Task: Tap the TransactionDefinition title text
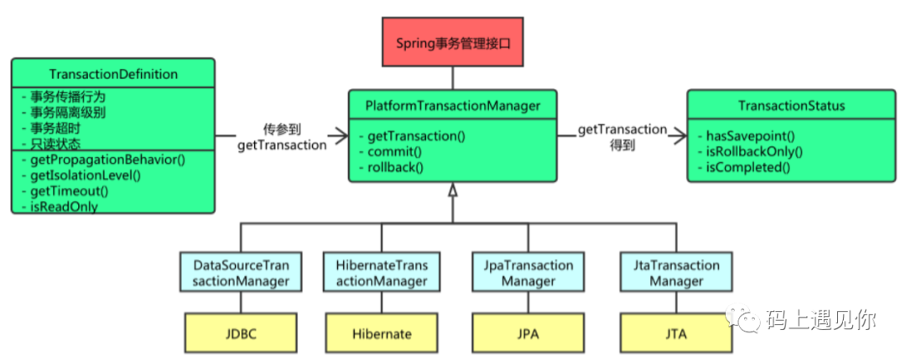[113, 74]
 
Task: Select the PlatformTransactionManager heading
[452, 105]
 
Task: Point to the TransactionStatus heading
[792, 105]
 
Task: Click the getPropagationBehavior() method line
[103, 159]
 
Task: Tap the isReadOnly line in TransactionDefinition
[59, 206]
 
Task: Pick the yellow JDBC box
[241, 333]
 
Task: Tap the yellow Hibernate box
[382, 333]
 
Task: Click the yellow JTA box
[671, 333]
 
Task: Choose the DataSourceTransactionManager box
[241, 274]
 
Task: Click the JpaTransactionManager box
[528, 274]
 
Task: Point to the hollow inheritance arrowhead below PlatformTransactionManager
[452, 190]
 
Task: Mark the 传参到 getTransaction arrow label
[282, 138]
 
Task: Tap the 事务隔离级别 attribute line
[63, 112]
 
